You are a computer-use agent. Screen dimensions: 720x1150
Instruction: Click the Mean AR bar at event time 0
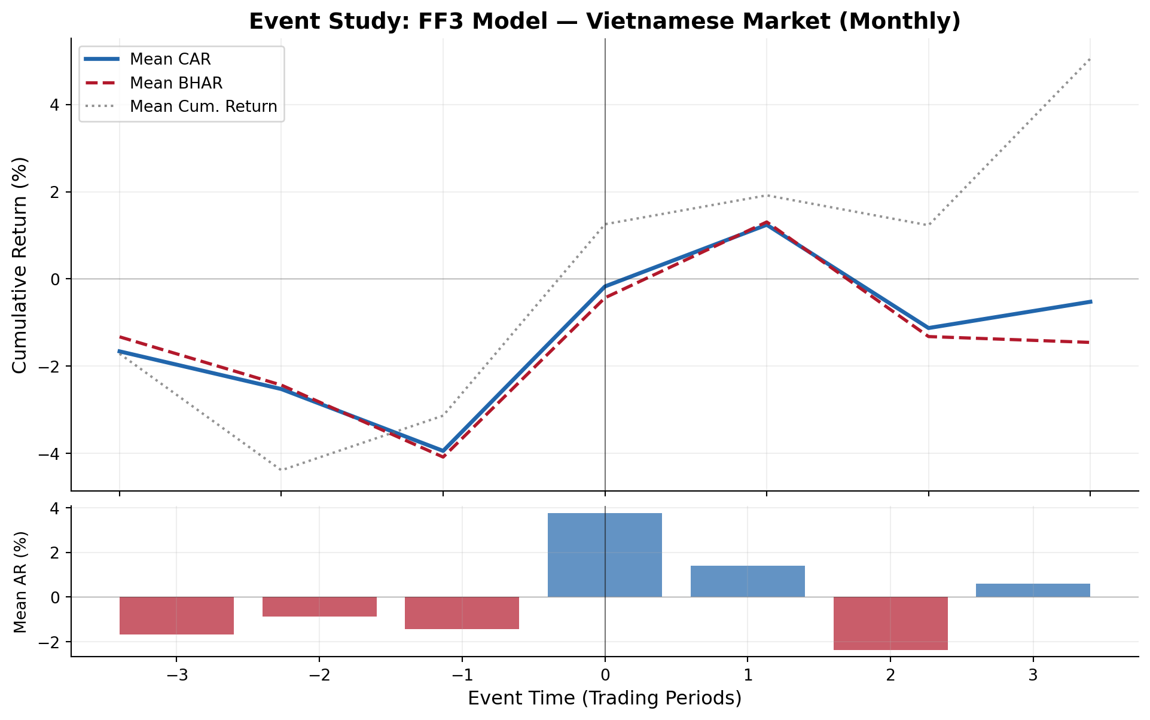(605, 555)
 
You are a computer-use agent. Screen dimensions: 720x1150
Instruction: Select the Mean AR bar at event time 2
(890, 623)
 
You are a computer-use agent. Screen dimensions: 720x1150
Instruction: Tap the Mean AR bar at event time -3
(176, 615)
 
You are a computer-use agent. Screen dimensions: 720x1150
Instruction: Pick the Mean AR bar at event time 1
(748, 581)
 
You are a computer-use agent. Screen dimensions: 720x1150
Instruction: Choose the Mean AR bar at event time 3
(1033, 590)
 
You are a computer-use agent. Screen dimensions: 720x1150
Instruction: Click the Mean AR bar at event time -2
(319, 606)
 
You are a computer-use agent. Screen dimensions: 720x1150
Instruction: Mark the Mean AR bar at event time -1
(462, 613)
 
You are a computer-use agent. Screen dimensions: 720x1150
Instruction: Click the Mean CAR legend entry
(170, 59)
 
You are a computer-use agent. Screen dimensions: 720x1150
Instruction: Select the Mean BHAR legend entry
(176, 83)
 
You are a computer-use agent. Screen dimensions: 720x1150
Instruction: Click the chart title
(604, 22)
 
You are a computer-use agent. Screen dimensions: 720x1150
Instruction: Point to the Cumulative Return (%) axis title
(20, 265)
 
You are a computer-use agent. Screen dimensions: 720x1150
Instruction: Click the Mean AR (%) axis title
(20, 581)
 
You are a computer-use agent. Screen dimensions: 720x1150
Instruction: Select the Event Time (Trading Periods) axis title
(604, 698)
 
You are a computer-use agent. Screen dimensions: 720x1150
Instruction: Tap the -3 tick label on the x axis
(176, 676)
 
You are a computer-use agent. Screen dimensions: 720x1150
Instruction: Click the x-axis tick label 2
(890, 676)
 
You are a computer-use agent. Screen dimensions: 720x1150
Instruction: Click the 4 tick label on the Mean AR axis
(58, 508)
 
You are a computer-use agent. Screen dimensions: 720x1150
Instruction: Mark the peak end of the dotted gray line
(1090, 59)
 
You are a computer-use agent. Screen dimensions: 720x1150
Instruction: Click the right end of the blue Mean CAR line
(1090, 301)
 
